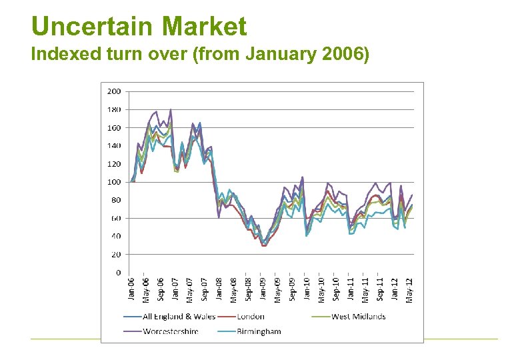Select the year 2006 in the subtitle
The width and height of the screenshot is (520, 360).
pyautogui.click(x=344, y=55)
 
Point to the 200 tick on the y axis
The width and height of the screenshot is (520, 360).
pyautogui.click(x=114, y=91)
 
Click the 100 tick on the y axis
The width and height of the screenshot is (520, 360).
pyautogui.click(x=114, y=182)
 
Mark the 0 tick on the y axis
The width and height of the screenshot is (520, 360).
pyautogui.click(x=118, y=273)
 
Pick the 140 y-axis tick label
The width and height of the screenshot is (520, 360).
pyautogui.click(x=114, y=145)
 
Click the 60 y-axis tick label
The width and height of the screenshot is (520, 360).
pyautogui.click(x=116, y=218)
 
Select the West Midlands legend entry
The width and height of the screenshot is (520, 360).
pyautogui.click(x=358, y=317)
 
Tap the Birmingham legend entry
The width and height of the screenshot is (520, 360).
pyautogui.click(x=259, y=331)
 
